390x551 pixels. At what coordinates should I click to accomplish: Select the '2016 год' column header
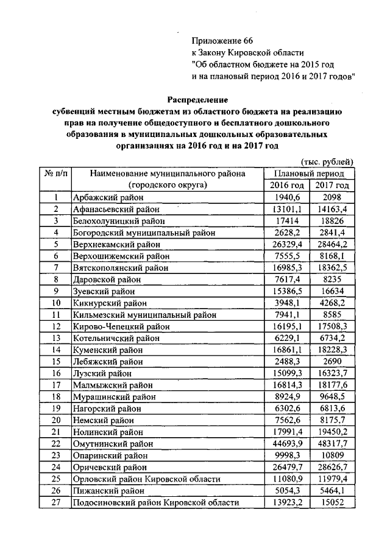[286, 185]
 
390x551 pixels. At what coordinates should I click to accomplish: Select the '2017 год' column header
[332, 185]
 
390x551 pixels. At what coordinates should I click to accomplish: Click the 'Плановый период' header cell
[309, 174]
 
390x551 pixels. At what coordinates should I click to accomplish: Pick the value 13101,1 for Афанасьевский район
[286, 209]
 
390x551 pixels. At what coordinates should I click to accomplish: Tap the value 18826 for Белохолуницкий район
[332, 220]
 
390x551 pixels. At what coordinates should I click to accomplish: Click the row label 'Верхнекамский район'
[114, 244]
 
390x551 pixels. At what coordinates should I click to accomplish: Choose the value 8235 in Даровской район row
[332, 279]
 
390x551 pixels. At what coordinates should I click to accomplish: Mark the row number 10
[55, 302]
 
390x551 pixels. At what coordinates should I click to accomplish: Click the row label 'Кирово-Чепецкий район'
[121, 326]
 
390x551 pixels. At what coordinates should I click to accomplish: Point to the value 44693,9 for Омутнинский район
[286, 443]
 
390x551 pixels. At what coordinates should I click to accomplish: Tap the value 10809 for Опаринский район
[332, 454]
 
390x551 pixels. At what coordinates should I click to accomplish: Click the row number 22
[55, 443]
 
